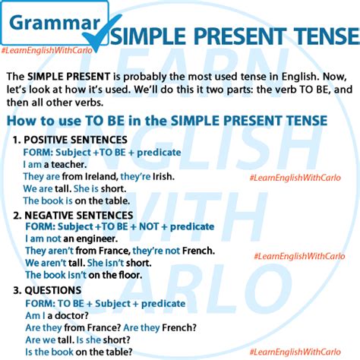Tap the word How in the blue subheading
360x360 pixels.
coord(20,121)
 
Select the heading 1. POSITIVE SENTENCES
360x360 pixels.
coord(70,140)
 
